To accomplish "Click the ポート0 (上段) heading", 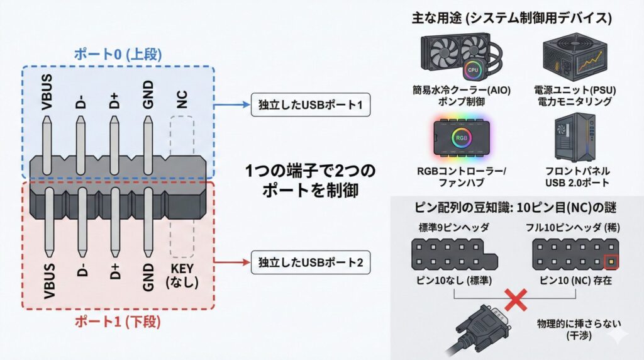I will point(119,55).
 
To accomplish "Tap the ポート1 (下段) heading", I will point(118,322).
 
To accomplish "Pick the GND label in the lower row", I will point(148,275).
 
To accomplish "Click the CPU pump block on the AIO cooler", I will point(472,69).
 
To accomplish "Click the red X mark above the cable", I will point(516,300).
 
